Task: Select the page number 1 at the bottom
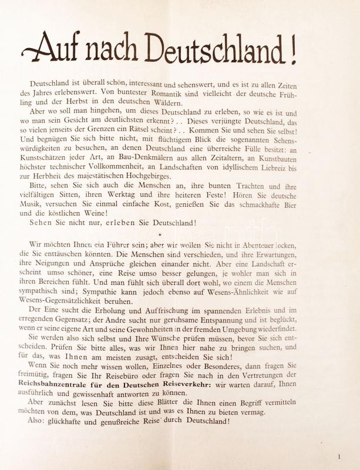pos(339,456)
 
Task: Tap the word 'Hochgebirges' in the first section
pos(180,176)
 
